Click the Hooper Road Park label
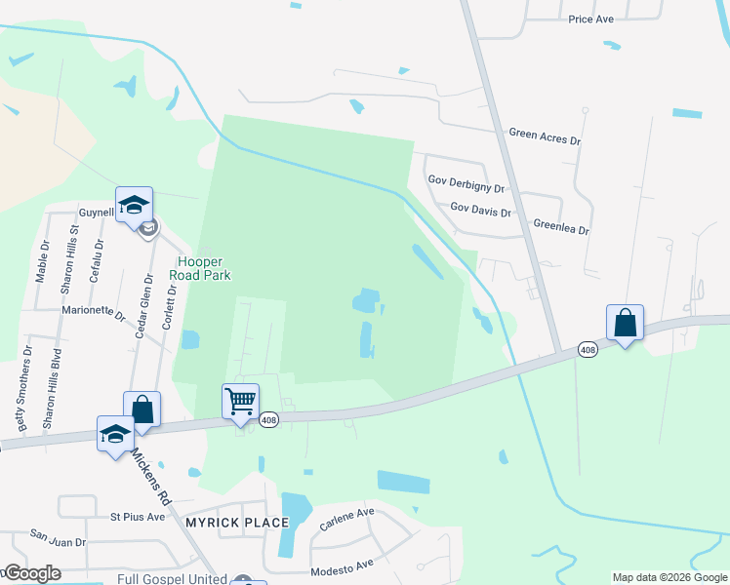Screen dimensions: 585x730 pos(203,269)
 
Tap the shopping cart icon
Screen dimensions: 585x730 pos(240,400)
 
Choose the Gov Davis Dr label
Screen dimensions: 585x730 pos(480,208)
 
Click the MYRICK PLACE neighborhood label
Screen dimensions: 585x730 pos(237,523)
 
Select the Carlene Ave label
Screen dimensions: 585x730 pos(345,513)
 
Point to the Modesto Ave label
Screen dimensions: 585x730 pos(342,566)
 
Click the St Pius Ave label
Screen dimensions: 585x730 pos(138,516)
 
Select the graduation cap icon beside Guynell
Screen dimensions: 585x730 pos(134,205)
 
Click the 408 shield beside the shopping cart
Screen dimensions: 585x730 pos(269,420)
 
